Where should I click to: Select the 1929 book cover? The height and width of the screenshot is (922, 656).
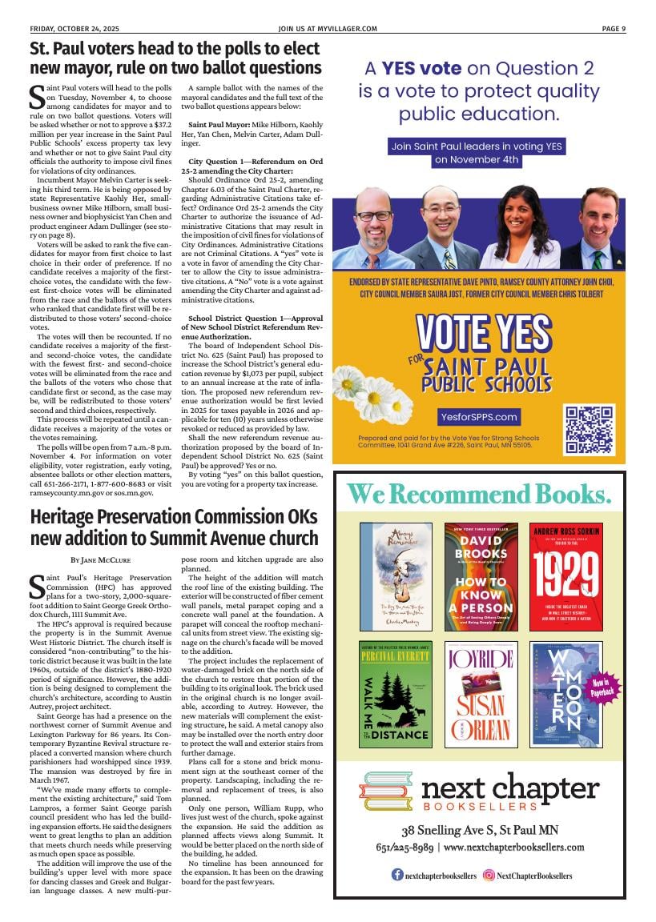pyautogui.click(x=565, y=575)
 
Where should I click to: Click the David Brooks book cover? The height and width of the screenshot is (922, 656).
pyautogui.click(x=481, y=575)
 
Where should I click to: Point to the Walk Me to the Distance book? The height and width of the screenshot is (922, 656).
pyautogui.click(x=395, y=694)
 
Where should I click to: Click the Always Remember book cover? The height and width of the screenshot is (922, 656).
pyautogui.click(x=395, y=575)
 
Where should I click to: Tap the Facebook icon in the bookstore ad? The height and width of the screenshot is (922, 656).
pyautogui.click(x=397, y=876)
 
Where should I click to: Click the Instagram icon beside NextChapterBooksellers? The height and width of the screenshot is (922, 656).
pyautogui.click(x=489, y=876)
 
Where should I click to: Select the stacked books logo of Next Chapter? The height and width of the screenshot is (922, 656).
pyautogui.click(x=385, y=792)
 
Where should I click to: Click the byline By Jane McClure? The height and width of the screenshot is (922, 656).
pyautogui.click(x=101, y=559)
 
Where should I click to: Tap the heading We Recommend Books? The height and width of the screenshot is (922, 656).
pyautogui.click(x=478, y=494)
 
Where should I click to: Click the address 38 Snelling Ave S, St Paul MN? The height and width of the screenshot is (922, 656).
pyautogui.click(x=480, y=830)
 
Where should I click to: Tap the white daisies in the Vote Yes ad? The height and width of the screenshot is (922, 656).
pyautogui.click(x=365, y=392)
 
